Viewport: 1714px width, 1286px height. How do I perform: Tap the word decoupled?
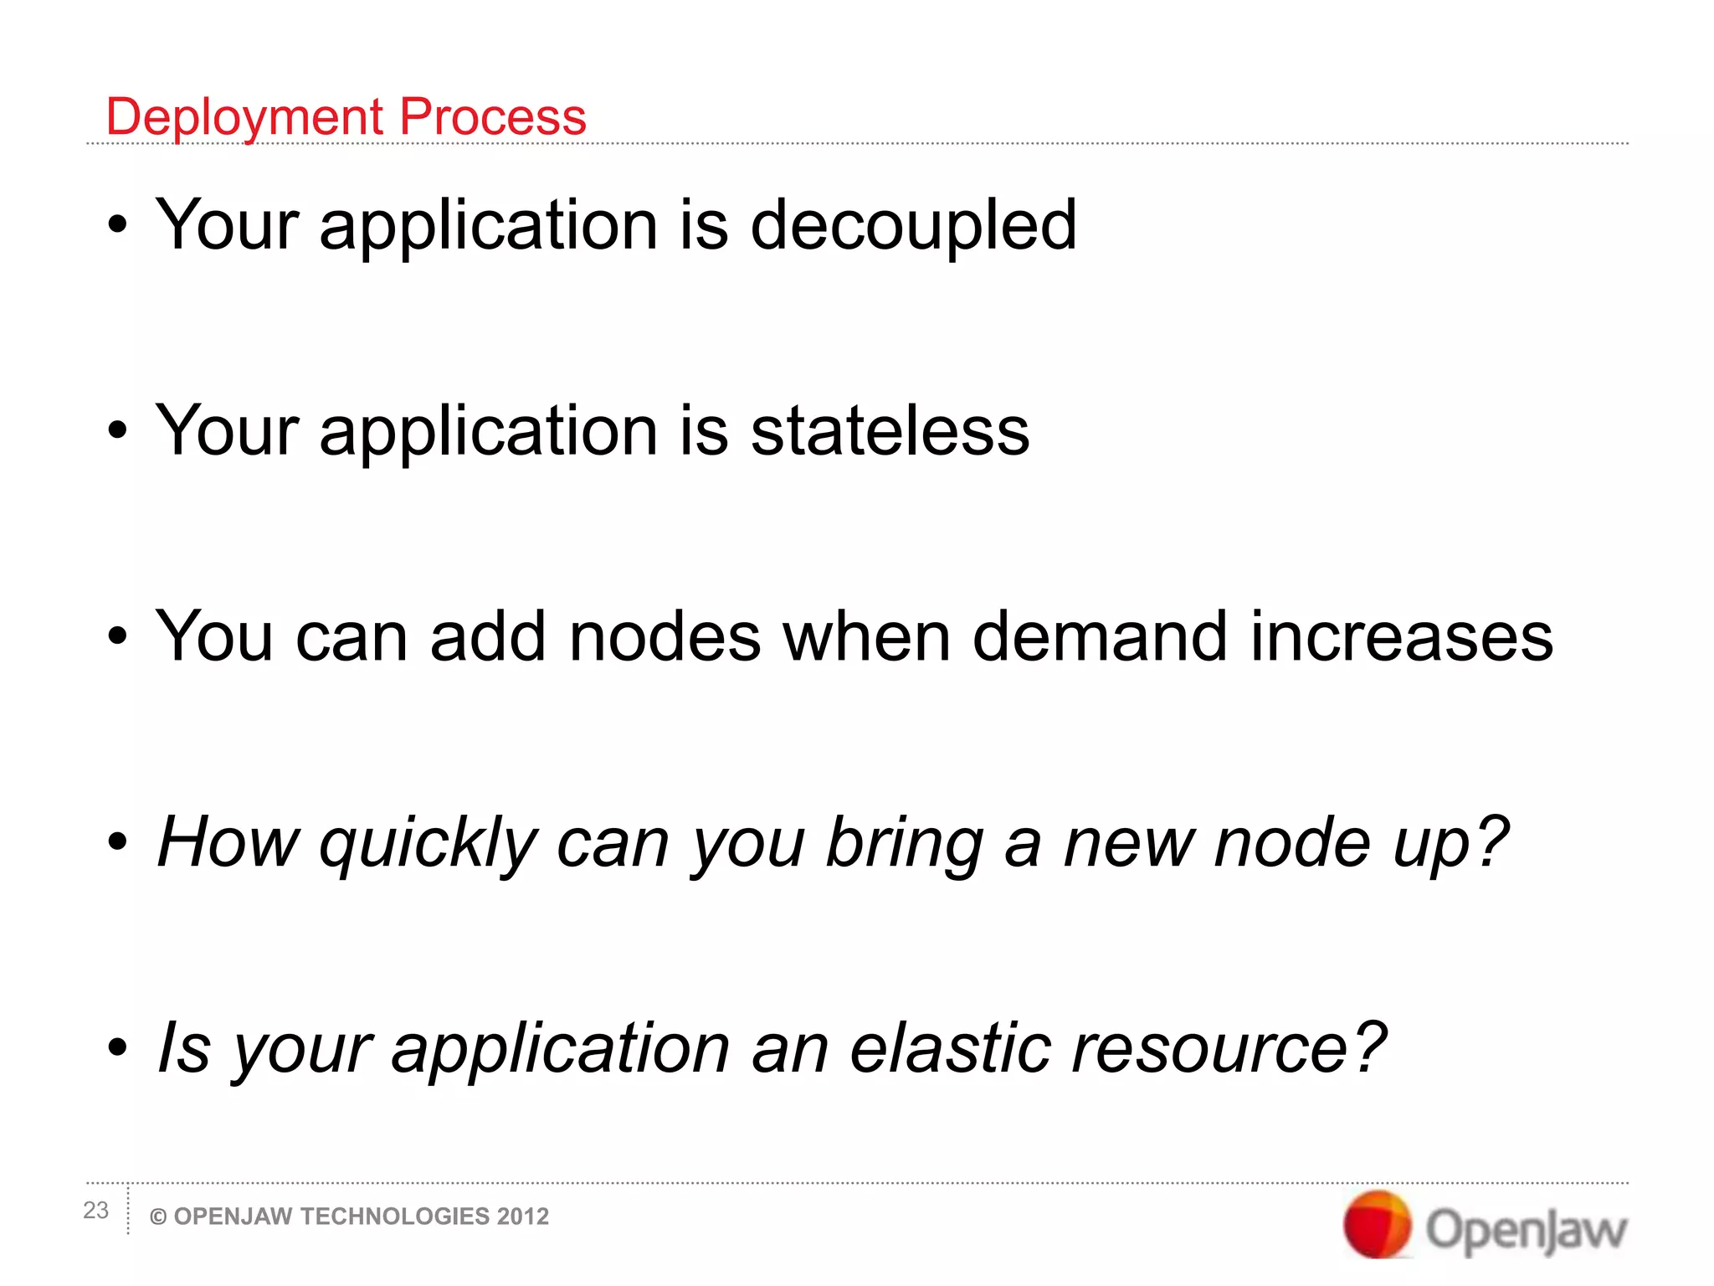coord(913,225)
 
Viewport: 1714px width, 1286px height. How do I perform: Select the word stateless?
coord(890,430)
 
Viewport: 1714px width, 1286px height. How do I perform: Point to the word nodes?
coord(665,636)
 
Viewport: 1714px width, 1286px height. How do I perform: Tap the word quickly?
coord(428,844)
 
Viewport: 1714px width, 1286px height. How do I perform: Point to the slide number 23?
coord(95,1210)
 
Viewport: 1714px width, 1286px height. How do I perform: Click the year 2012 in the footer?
coord(523,1217)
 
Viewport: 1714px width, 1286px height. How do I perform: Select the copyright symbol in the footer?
coord(157,1217)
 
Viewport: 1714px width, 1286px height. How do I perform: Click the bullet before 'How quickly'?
coord(118,841)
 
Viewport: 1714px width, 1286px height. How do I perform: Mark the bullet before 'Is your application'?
coord(118,1047)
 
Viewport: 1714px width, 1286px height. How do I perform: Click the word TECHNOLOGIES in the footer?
coord(394,1217)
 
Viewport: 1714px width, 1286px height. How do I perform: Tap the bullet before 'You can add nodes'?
coord(118,635)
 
